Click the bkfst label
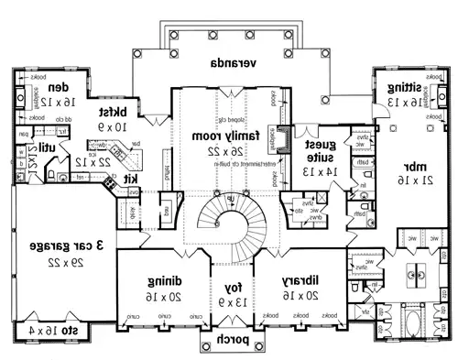pos(112,107)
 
